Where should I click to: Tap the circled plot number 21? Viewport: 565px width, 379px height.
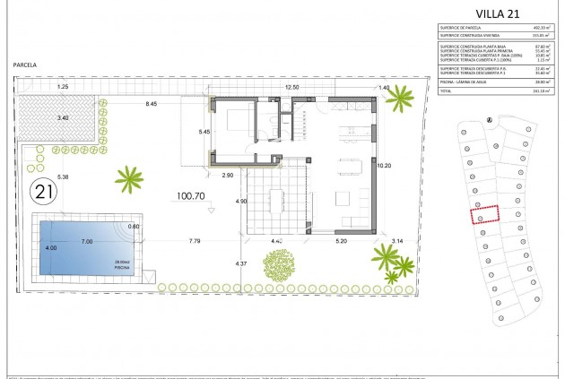click(43, 191)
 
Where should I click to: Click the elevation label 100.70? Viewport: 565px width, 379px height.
click(191, 194)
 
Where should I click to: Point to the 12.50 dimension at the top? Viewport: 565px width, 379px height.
click(291, 88)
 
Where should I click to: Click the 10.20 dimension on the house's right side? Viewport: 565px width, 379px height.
click(385, 166)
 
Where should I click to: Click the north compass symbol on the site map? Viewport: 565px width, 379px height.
click(488, 120)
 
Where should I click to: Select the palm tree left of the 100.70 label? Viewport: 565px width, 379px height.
click(130, 179)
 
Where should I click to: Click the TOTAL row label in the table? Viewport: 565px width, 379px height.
click(445, 90)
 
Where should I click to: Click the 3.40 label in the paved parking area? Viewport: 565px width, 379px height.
click(62, 117)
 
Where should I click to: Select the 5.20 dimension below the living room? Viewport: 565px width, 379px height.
click(341, 242)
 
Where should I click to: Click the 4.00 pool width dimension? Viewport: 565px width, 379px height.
click(51, 248)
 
